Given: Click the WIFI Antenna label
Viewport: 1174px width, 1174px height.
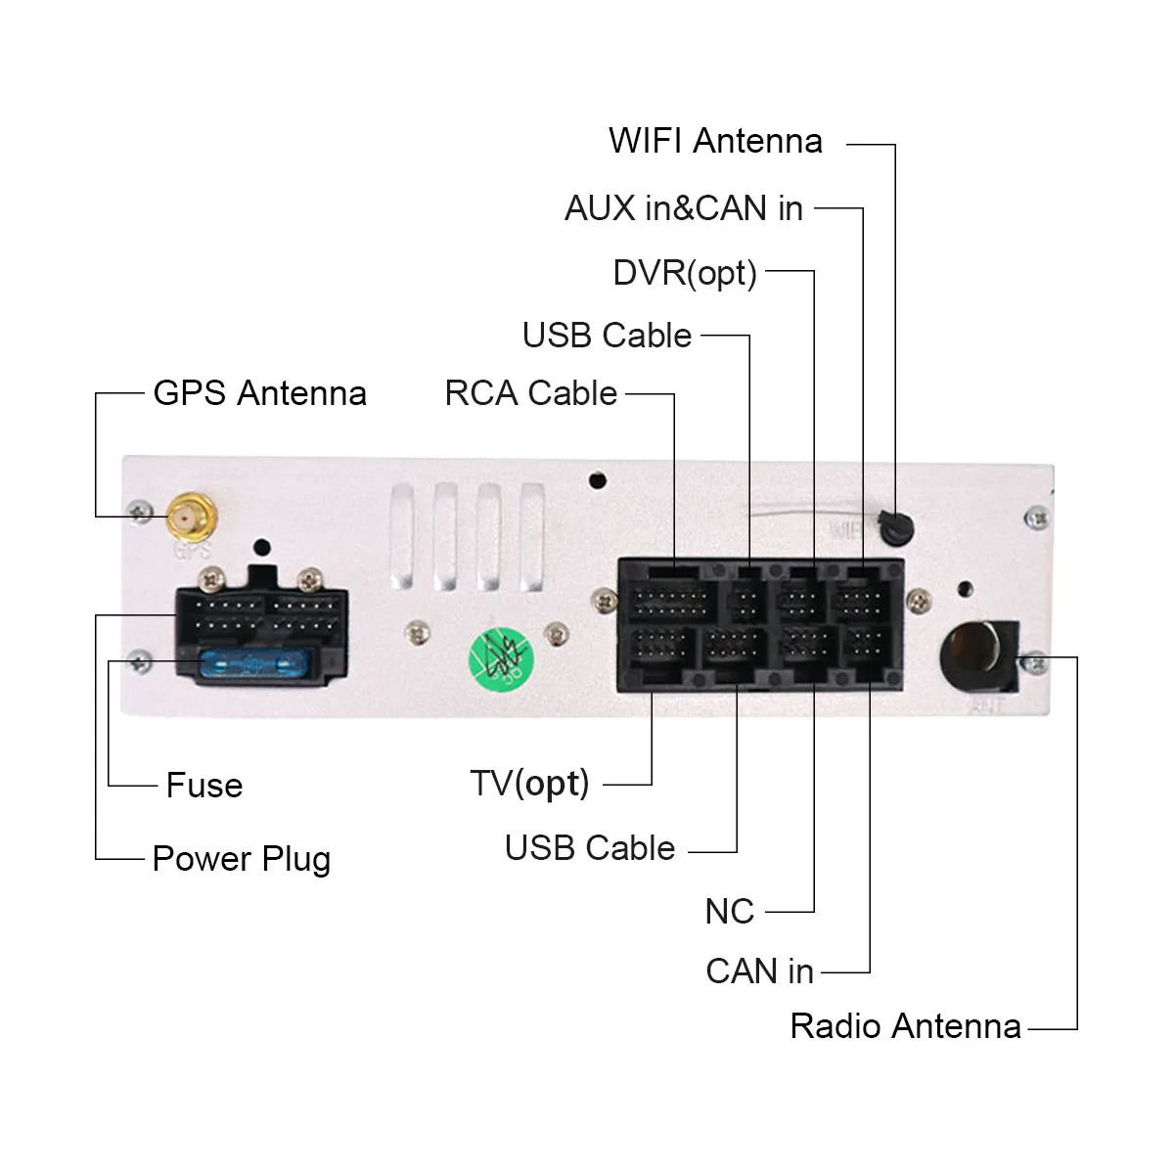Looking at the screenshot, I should point(715,141).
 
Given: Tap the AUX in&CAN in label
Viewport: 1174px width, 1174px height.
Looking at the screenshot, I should point(683,208).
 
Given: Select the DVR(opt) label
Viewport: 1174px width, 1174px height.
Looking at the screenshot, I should point(685,273).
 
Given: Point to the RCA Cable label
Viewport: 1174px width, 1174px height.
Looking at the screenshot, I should point(531,393).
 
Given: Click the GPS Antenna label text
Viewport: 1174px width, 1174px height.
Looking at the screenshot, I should point(259,393).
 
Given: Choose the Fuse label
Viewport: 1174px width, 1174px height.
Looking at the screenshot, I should point(203,785).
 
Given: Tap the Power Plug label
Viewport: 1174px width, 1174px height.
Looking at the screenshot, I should point(241,859).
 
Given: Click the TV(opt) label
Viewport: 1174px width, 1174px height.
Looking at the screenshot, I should point(529,784).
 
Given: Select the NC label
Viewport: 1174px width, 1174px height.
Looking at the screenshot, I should point(729,912).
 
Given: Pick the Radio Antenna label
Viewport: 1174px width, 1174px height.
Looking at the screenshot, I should point(905,1026).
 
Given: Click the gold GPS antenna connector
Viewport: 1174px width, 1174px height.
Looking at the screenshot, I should point(190,517).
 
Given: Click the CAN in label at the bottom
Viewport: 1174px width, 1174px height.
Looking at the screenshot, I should point(759,971).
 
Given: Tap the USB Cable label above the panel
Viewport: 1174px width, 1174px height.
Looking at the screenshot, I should point(607,336).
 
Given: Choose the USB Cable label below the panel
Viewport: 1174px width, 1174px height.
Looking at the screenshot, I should point(589,848).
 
